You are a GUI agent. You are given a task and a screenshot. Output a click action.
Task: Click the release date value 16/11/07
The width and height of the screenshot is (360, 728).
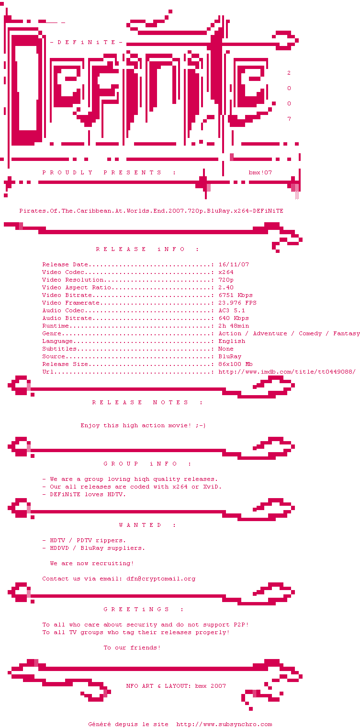234,264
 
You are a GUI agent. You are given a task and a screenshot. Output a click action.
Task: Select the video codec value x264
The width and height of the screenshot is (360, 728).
226,273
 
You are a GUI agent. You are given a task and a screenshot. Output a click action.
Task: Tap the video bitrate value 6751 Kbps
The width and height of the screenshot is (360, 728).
236,295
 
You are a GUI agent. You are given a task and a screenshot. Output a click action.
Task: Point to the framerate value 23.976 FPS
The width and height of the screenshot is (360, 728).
237,303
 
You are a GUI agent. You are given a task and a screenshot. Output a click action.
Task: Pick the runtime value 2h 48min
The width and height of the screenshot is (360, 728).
234,326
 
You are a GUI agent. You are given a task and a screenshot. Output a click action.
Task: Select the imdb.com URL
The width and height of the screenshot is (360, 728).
287,372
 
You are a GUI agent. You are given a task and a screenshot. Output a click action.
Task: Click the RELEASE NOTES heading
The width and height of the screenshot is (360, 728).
147,402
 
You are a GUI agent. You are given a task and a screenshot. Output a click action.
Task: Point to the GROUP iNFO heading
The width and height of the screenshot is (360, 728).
147,464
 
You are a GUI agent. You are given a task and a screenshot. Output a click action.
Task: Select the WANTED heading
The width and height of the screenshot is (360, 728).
147,525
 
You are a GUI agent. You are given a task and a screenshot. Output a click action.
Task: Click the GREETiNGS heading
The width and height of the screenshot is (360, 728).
144,609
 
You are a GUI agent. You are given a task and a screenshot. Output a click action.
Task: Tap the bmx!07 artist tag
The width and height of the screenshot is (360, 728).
260,172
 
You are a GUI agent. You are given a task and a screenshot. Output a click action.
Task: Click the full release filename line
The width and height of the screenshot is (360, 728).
151,211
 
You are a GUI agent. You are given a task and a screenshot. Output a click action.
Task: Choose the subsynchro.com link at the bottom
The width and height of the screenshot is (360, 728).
224,725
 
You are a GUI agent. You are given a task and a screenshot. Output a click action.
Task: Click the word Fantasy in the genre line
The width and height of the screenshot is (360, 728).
346,334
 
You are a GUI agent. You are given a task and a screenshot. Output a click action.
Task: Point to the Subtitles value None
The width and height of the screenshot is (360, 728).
226,349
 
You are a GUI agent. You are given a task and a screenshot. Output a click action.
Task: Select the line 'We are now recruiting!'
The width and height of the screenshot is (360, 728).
91,564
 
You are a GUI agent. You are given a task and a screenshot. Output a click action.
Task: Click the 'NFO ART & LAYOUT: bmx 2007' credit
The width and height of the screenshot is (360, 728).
176,686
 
